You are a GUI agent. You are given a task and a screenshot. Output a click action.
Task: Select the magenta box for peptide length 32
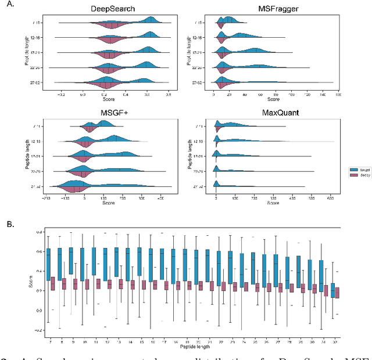point(335,291)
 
